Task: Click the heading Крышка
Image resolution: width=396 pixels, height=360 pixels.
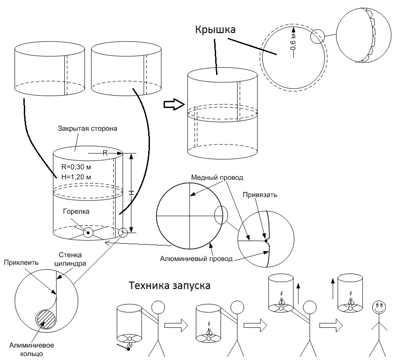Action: pos(216,30)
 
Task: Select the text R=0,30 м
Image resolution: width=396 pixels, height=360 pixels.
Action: pos(76,167)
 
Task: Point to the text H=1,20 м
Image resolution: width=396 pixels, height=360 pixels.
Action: pos(76,177)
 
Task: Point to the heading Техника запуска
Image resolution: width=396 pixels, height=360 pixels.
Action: pos(169,285)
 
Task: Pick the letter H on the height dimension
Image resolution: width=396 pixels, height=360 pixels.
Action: pos(131,193)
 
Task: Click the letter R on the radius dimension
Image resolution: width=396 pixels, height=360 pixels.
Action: pos(105,153)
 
